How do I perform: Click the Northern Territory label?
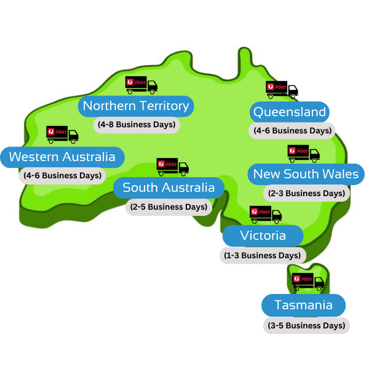click(136, 106)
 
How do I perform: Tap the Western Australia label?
click(62, 157)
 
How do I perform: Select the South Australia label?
click(169, 187)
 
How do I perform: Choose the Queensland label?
click(289, 112)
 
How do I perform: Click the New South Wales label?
click(305, 174)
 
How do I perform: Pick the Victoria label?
click(263, 236)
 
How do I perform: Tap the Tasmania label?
click(303, 306)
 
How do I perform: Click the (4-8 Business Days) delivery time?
click(137, 124)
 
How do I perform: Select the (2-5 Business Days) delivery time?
click(169, 207)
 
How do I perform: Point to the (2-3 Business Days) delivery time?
click(306, 193)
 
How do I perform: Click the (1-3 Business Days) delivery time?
click(263, 255)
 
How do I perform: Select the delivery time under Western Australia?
click(62, 175)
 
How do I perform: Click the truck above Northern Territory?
click(141, 85)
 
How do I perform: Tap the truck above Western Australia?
click(63, 134)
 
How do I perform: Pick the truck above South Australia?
click(172, 167)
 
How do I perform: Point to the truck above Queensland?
click(282, 90)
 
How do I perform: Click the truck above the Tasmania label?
click(308, 282)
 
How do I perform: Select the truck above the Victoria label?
click(266, 215)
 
